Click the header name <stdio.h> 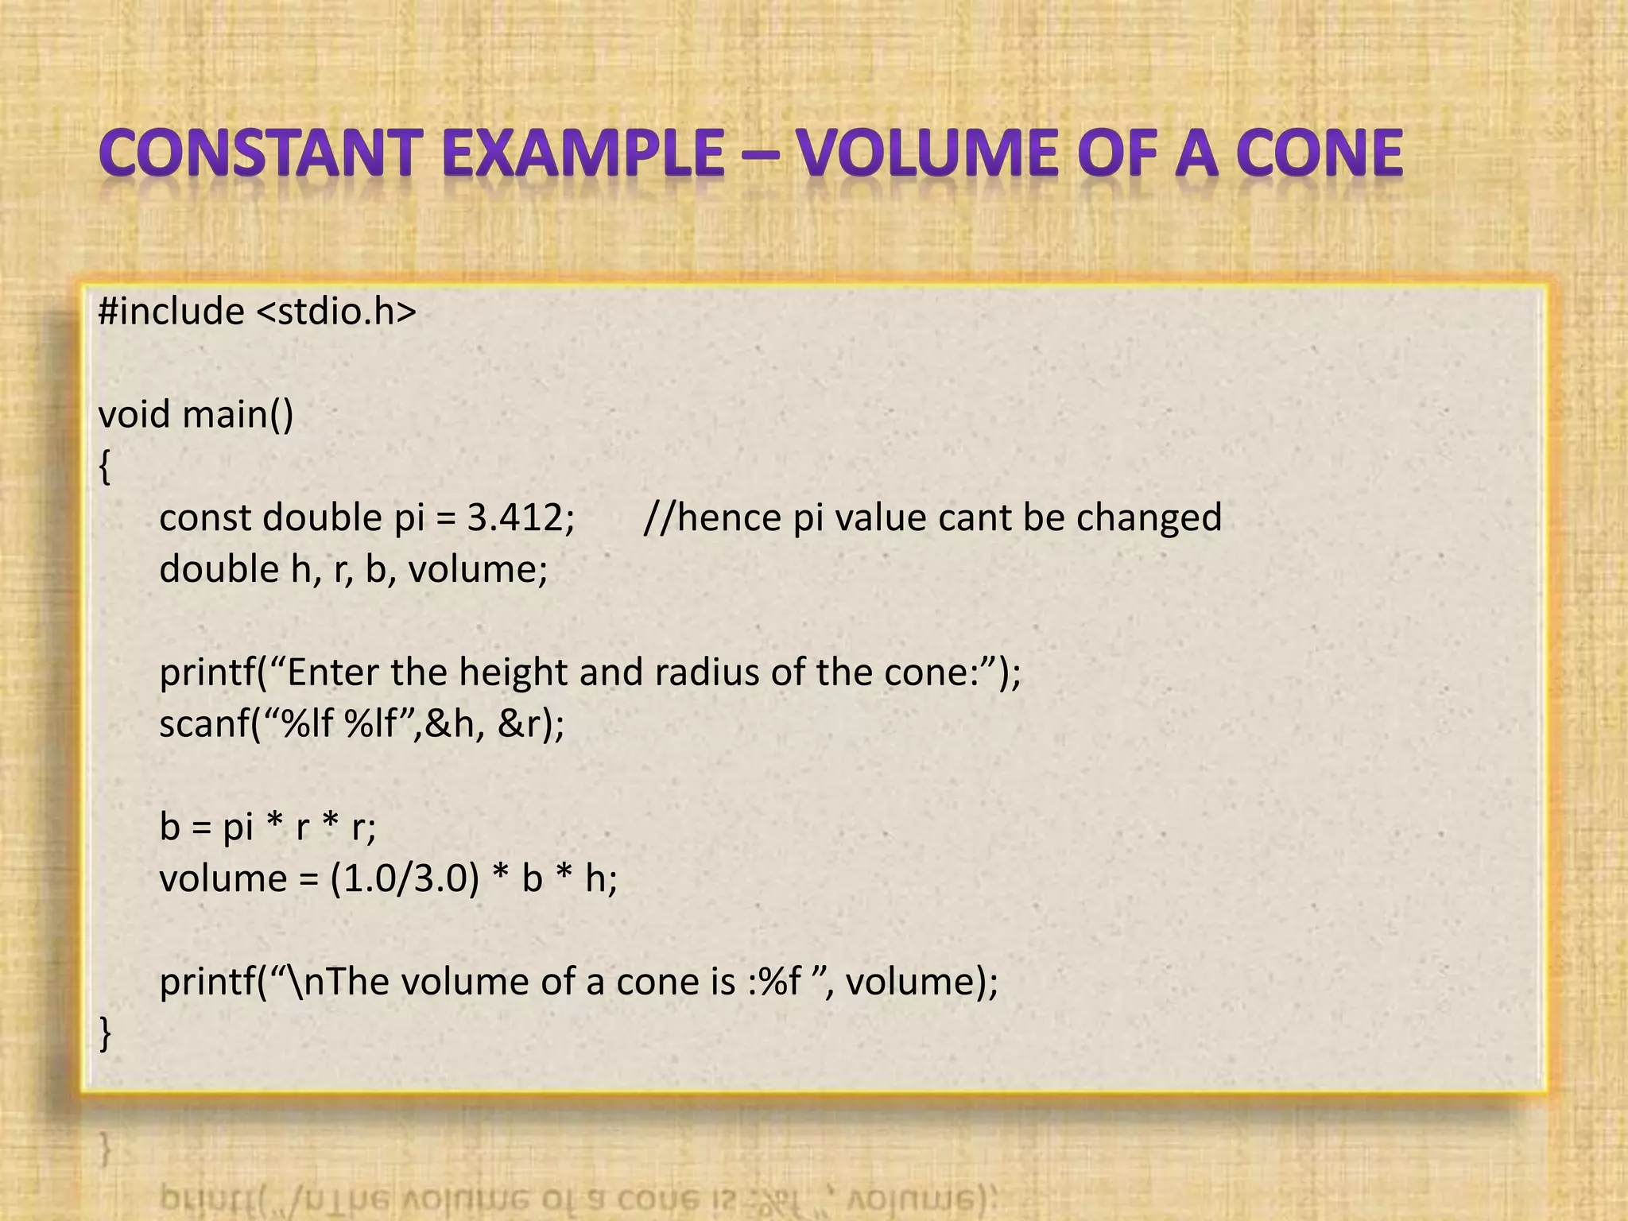click(336, 311)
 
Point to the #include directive click(171, 311)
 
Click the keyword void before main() click(133, 414)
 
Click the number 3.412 click(517, 517)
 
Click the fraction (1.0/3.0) click(405, 879)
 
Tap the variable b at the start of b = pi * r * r click(169, 828)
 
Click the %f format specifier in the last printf click(780, 983)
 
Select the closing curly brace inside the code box click(104, 1034)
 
